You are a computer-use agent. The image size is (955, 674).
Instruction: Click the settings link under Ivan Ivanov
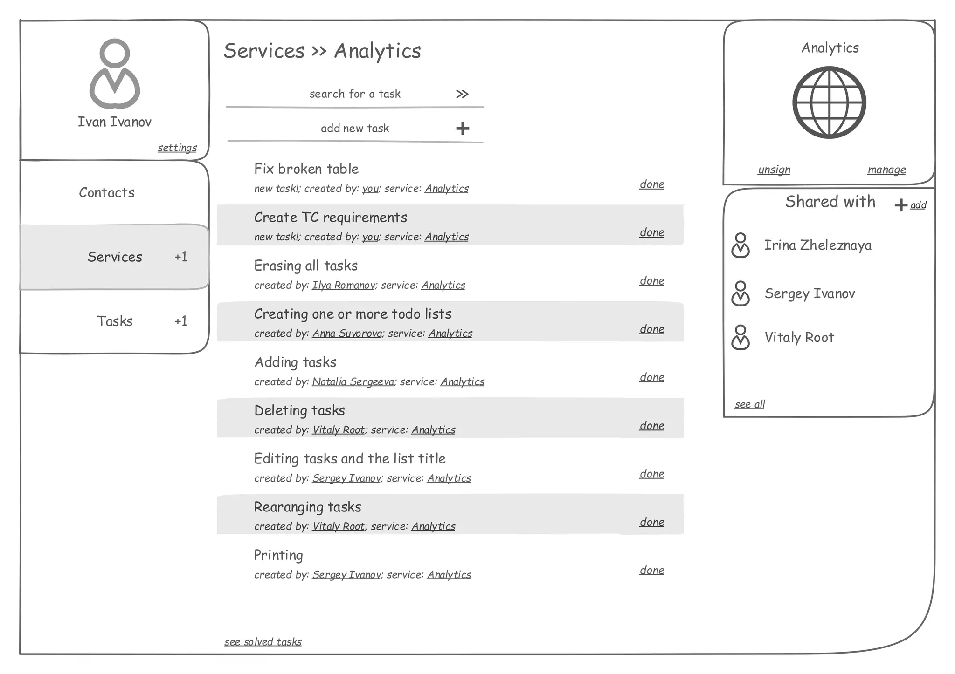[177, 148]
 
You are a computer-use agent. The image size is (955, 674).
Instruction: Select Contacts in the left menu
[107, 193]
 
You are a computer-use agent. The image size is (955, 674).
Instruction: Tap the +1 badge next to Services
[181, 257]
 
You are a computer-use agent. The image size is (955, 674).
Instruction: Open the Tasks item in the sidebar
[115, 321]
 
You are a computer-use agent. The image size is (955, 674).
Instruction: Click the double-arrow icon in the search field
[462, 94]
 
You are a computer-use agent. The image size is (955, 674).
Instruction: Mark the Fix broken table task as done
[651, 184]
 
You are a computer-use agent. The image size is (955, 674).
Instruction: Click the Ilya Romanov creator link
[343, 285]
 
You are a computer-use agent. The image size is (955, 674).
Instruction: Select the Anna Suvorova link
[347, 334]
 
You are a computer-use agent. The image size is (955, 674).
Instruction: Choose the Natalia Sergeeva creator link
[353, 382]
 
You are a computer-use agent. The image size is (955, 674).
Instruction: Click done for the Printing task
[651, 571]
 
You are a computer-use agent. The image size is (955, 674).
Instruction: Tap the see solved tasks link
[263, 642]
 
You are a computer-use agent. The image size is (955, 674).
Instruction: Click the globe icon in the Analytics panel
[829, 102]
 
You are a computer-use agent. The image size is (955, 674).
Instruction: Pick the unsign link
[774, 170]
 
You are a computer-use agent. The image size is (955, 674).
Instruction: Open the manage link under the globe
[886, 170]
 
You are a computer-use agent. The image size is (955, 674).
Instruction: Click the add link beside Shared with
[918, 205]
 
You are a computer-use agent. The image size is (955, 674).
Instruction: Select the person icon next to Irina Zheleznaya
[740, 245]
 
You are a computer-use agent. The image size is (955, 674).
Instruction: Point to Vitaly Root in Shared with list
[799, 337]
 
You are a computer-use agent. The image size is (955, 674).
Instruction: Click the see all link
[749, 404]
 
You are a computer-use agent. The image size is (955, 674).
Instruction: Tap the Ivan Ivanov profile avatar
[115, 74]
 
